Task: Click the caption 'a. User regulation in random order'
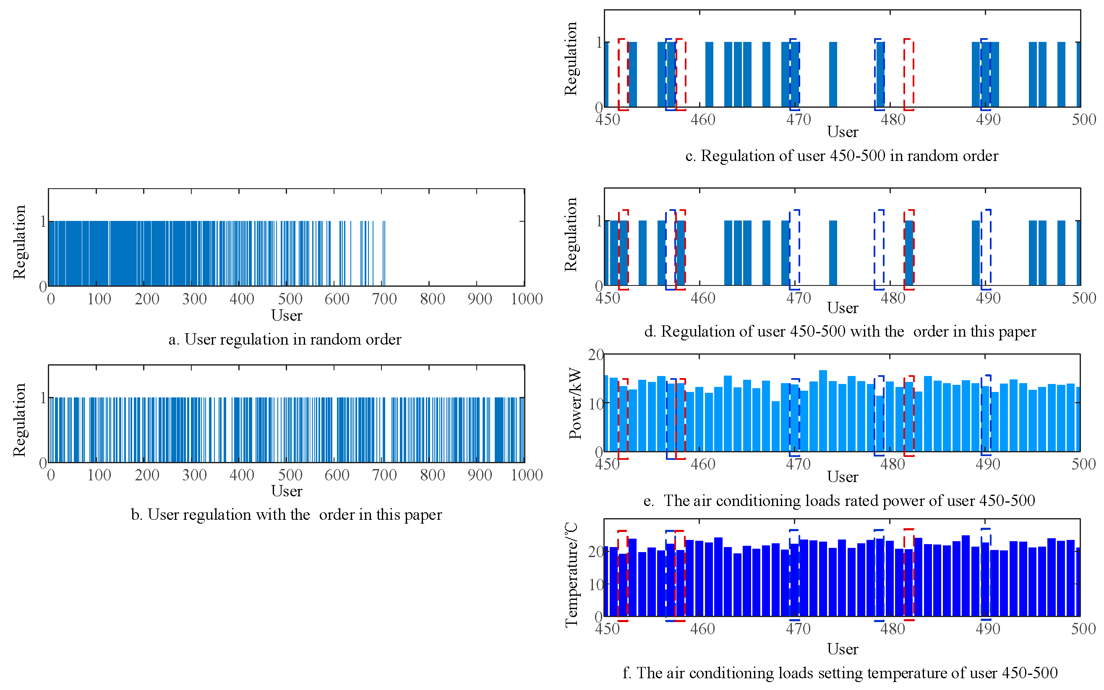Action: click(284, 340)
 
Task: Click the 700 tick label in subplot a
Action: click(384, 299)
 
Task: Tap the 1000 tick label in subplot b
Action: click(526, 475)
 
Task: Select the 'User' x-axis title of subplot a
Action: click(287, 315)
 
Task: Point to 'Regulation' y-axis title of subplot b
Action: click(19, 420)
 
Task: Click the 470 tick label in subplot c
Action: click(798, 119)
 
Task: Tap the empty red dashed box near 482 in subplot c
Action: click(908, 74)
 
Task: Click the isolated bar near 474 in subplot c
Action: click(833, 74)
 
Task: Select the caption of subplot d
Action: click(840, 331)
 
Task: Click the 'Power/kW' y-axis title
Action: click(575, 403)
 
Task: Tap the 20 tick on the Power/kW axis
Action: click(595, 355)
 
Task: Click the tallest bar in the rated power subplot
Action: click(822, 410)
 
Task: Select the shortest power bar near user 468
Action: click(775, 426)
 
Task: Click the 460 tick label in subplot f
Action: click(702, 629)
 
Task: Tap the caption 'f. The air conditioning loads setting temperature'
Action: click(840, 673)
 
